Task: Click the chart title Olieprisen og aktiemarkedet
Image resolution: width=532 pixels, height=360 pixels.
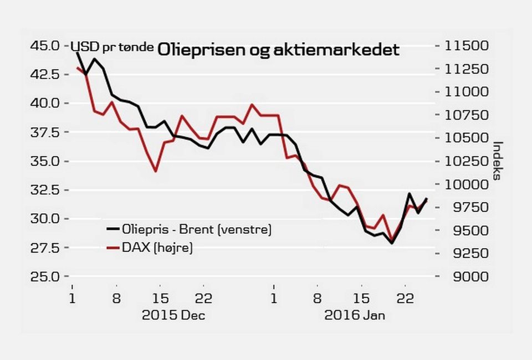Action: click(278, 50)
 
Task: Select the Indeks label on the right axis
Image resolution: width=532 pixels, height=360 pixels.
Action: click(497, 161)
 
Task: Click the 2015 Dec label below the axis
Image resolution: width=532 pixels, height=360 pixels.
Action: click(173, 316)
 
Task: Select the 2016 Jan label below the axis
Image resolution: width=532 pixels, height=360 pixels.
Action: click(355, 316)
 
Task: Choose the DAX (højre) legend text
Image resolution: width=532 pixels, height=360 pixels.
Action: click(158, 248)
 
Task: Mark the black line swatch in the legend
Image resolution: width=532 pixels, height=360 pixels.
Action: click(112, 229)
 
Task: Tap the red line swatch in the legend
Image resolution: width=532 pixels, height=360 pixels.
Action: click(112, 248)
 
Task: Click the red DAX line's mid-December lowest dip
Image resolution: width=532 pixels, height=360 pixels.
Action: click(156, 171)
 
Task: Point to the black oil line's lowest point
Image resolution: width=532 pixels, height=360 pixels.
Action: click(392, 243)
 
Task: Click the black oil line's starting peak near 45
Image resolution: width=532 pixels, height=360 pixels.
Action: click(77, 52)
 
